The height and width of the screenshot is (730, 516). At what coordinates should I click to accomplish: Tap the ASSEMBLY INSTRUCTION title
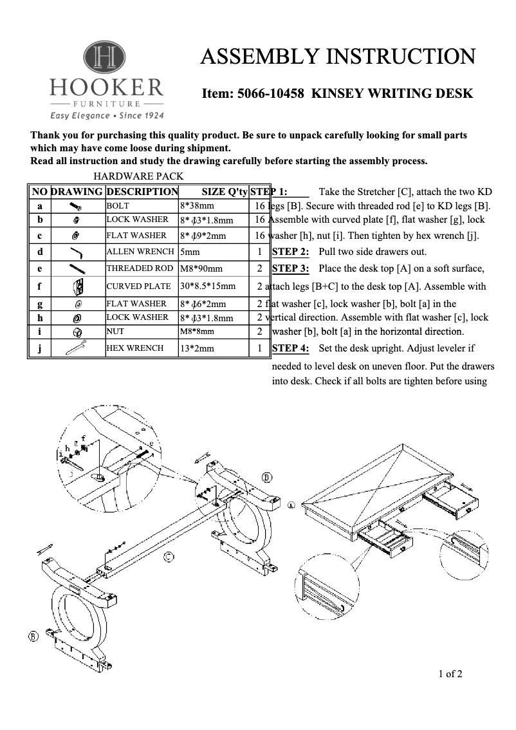point(338,57)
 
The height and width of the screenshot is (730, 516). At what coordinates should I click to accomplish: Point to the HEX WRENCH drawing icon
point(77,348)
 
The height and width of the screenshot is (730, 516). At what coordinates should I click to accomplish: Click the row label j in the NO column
point(40,348)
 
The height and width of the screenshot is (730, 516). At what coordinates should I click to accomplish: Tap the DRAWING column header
point(77,191)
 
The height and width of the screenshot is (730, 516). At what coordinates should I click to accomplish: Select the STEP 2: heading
point(290,252)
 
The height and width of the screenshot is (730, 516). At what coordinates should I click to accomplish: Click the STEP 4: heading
point(290,348)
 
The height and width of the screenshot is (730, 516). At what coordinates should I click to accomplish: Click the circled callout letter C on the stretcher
point(168,557)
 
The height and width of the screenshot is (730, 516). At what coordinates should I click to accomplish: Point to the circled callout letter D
point(267,477)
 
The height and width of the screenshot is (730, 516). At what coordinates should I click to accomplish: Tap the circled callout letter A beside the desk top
point(291,505)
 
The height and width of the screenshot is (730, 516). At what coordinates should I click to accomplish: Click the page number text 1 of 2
point(450,675)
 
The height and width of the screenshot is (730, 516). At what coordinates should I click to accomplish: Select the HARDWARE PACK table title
point(139,176)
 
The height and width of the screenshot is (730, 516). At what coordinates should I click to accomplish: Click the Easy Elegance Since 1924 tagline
point(107,116)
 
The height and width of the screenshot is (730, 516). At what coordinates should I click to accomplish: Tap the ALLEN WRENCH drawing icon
point(77,252)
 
